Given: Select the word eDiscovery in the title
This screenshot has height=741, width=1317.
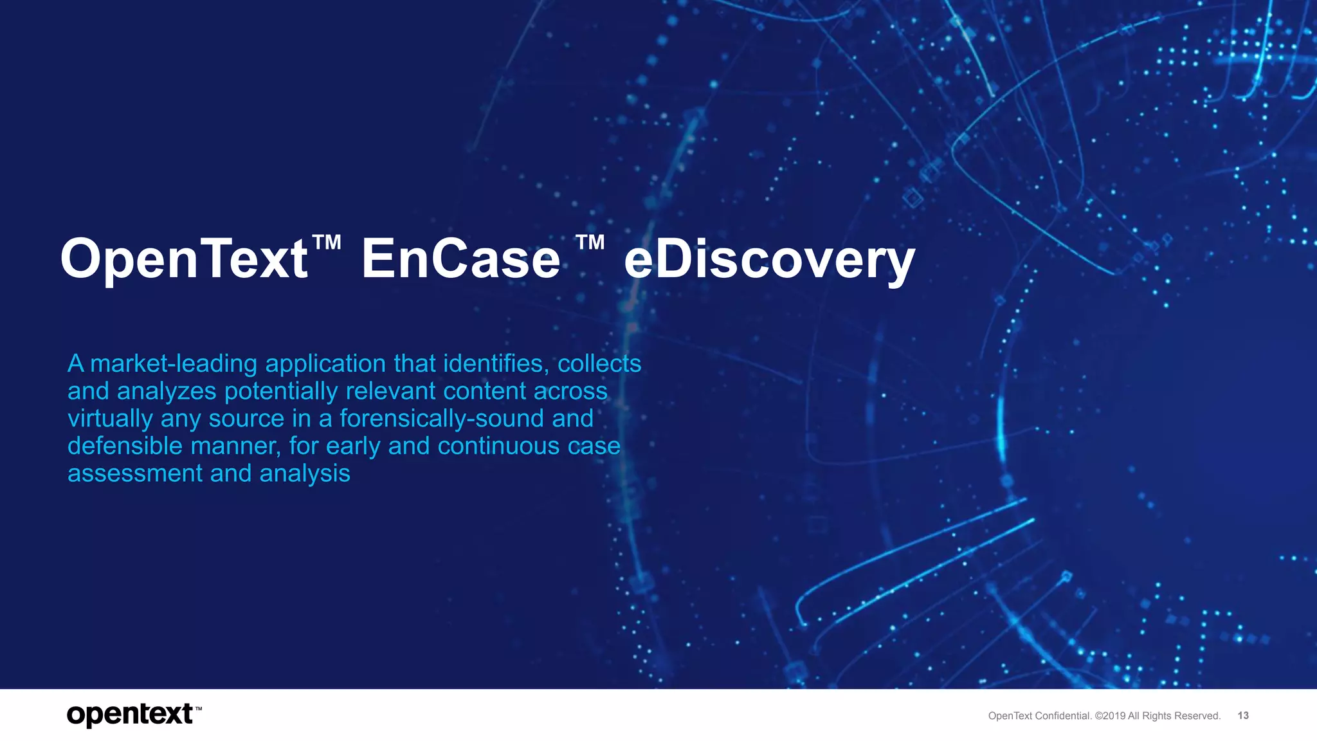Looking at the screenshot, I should coord(769,261).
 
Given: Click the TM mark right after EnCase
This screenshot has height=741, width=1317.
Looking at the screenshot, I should coord(590,242).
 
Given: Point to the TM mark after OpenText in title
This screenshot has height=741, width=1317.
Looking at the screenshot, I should coord(327,242).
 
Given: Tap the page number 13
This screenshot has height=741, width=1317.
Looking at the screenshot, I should coord(1242,715).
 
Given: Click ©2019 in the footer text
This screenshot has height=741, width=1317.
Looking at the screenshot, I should coord(1110,716).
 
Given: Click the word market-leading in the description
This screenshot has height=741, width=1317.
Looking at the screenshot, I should coord(174,364).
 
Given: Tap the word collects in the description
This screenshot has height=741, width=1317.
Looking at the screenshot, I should coord(599,364).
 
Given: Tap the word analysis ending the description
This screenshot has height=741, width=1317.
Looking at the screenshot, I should coord(305,474).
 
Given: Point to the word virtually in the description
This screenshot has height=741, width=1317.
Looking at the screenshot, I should coord(110,419).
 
